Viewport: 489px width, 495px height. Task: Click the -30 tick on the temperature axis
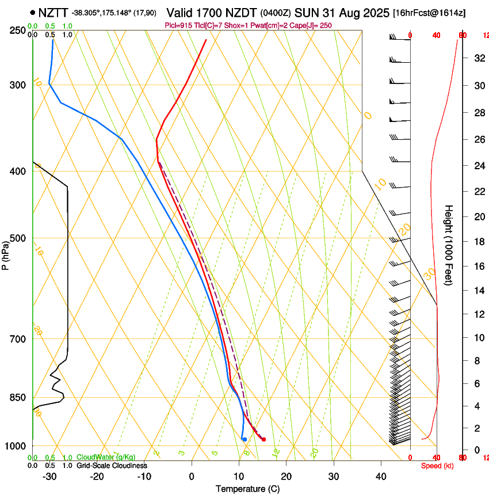pyautogui.click(x=49, y=477)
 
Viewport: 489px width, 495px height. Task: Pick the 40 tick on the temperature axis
pyautogui.click(x=380, y=477)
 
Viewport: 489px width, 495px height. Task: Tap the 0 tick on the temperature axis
pyautogui.click(x=192, y=477)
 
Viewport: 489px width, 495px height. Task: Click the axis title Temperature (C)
pyautogui.click(x=247, y=489)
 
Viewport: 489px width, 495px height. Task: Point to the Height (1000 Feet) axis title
pyautogui.click(x=449, y=245)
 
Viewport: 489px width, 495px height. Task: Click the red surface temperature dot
pyautogui.click(x=263, y=439)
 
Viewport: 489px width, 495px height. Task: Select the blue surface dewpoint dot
pyautogui.click(x=244, y=439)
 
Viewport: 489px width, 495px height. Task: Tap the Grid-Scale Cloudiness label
pyautogui.click(x=112, y=466)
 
